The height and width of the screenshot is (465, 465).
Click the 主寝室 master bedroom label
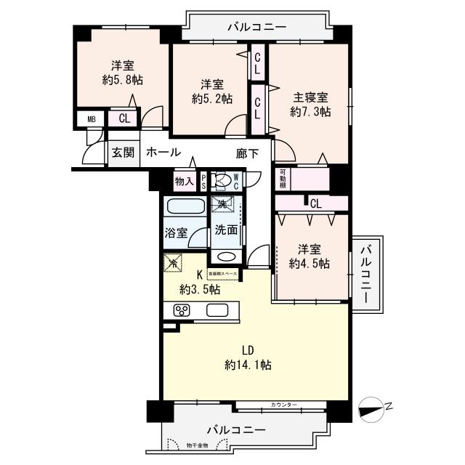(310, 97)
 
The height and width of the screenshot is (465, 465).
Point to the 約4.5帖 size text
(309, 263)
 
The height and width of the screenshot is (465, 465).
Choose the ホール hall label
(163, 153)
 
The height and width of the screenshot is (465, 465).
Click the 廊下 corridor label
(247, 153)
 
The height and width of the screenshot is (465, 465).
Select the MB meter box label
(92, 119)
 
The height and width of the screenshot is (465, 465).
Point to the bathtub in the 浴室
(183, 206)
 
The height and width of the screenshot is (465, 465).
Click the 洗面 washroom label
(226, 230)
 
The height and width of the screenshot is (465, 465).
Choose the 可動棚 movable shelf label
(283, 179)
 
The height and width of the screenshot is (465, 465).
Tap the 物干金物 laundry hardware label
(196, 445)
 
